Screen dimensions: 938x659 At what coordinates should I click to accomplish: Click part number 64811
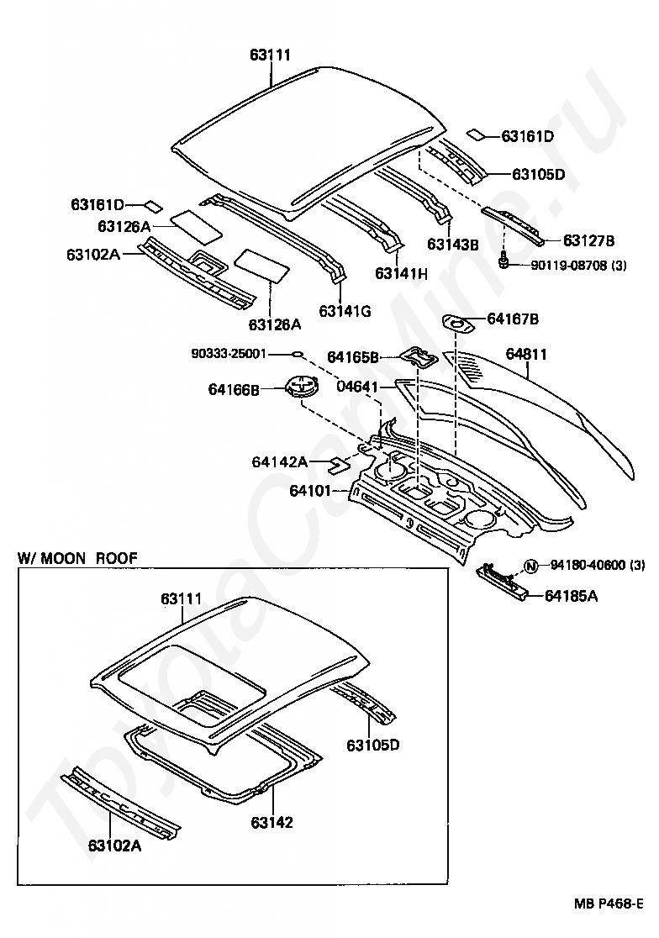coord(526,355)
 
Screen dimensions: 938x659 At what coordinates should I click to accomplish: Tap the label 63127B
coord(588,240)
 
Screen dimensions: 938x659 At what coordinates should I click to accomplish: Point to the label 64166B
coord(234,389)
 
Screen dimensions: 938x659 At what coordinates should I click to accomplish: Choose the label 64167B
coord(513,319)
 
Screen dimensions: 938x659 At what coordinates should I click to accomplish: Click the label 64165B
coord(352,358)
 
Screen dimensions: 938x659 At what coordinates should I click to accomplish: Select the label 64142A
coord(279,461)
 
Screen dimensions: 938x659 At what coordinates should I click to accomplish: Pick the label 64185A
coord(571,596)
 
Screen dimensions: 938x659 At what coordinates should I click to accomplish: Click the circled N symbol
coord(530,566)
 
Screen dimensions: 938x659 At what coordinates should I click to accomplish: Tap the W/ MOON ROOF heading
coord(77,557)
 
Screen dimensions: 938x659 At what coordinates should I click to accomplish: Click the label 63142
coord(272,822)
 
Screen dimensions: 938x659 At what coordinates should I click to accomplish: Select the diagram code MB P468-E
coord(609,904)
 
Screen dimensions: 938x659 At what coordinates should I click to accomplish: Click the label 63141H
coord(401,273)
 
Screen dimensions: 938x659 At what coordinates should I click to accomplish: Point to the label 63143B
coord(452,245)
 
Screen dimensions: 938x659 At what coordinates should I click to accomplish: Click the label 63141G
coord(345,310)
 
